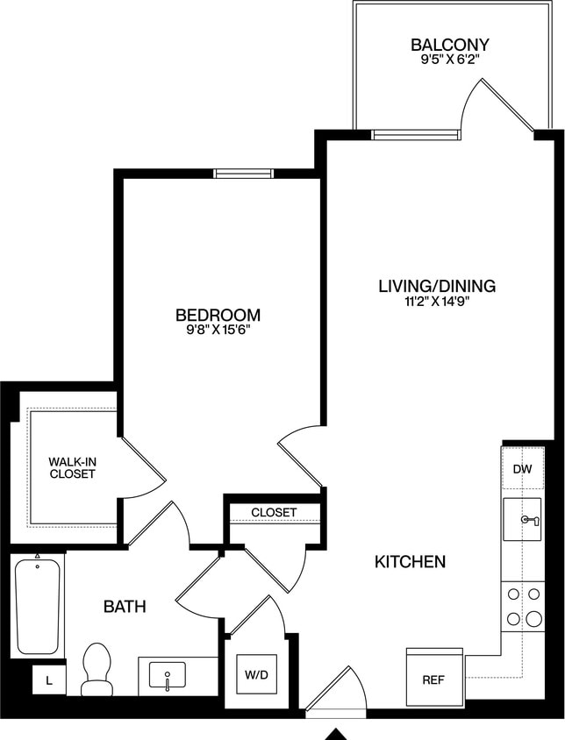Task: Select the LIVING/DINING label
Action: point(437,286)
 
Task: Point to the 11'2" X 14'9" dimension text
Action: point(437,302)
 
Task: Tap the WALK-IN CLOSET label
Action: point(72,467)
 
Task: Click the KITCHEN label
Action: point(411,561)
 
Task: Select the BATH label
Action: point(125,606)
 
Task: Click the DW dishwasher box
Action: point(522,469)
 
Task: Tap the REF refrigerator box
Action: point(433,679)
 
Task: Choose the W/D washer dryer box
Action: point(256,676)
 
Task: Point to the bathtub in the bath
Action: point(38,606)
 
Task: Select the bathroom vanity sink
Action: point(167,676)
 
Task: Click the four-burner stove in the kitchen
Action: point(523,607)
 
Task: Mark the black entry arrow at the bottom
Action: point(337,732)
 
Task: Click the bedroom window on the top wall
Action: point(244,173)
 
